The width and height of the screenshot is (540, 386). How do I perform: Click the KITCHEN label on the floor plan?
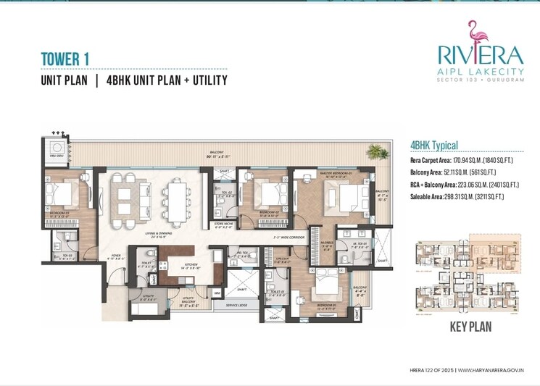tap(191, 266)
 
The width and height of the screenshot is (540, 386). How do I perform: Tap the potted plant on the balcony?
tap(375, 152)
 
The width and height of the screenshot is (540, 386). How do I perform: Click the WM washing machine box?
tap(217, 293)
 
